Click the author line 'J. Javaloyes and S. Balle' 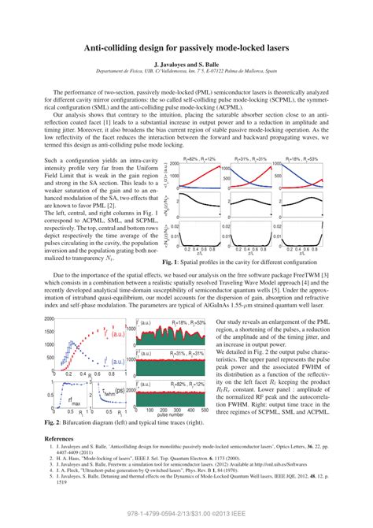coord(186,64)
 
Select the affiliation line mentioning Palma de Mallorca coord(186,72)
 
